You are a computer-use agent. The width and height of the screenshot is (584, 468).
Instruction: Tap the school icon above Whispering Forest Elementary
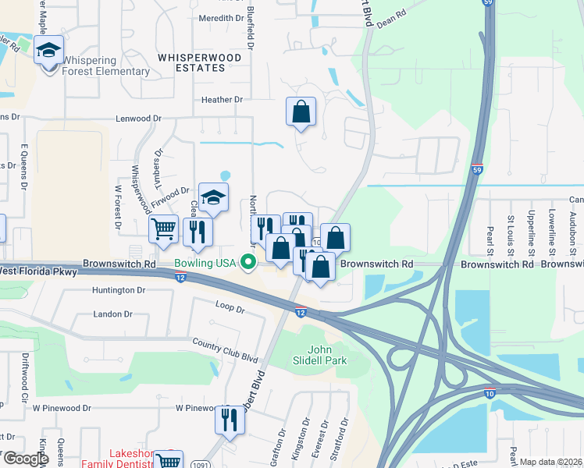coord(48,50)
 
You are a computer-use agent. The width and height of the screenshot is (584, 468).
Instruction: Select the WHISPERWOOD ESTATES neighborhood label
coord(191,62)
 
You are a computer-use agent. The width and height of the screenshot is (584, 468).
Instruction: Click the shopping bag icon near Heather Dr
coord(301,112)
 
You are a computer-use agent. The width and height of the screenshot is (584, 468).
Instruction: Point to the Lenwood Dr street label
coord(138,119)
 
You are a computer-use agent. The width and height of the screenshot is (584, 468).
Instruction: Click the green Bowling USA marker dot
coord(249,261)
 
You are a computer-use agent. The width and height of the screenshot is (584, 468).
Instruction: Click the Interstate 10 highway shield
coord(489,395)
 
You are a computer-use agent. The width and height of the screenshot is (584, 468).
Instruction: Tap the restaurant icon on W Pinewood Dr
coord(230,420)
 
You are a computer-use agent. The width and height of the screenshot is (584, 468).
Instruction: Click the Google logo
coord(25,459)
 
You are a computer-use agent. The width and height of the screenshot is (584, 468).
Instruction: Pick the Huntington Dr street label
coord(119,290)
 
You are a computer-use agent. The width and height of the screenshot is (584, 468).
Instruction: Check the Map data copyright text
coord(550,462)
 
